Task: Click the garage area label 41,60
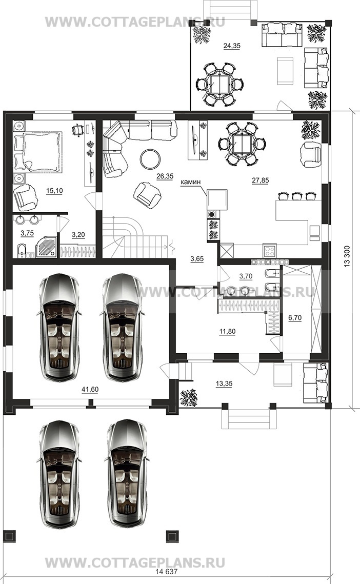(x=90, y=390)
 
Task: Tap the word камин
(x=190, y=182)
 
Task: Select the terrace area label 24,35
(x=232, y=46)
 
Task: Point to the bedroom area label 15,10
(x=54, y=191)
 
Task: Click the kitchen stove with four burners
(x=269, y=250)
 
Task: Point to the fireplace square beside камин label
(x=217, y=199)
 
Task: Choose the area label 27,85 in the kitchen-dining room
(x=260, y=180)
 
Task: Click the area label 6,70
(x=295, y=318)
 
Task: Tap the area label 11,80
(x=227, y=331)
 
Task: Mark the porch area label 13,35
(x=224, y=384)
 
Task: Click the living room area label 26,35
(x=165, y=176)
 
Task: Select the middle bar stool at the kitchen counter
(x=296, y=196)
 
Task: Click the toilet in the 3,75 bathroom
(x=21, y=251)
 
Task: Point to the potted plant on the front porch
(x=189, y=397)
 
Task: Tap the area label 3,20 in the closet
(x=78, y=235)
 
